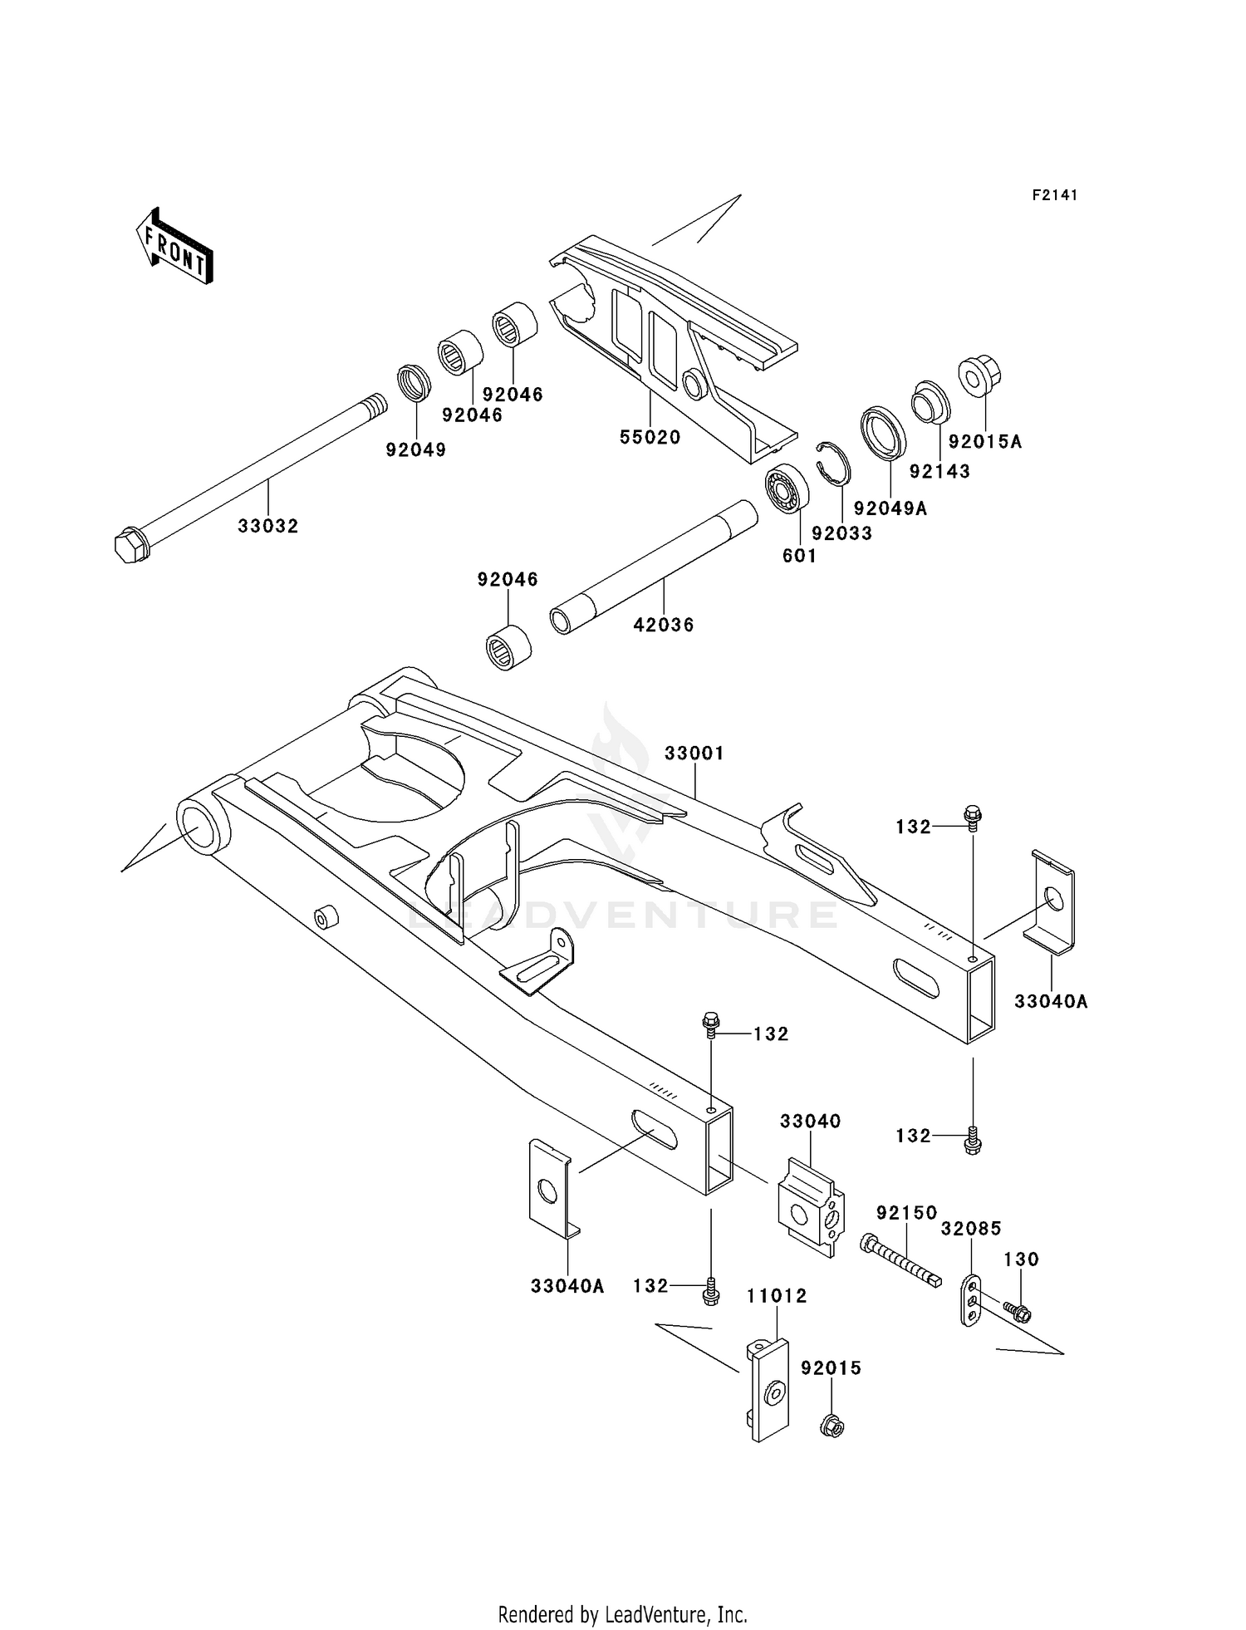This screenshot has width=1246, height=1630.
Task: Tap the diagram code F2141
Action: coord(1054,195)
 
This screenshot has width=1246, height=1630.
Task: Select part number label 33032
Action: coord(267,526)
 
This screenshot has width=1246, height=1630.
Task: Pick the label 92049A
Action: coord(890,508)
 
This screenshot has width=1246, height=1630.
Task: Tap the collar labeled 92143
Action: coord(930,401)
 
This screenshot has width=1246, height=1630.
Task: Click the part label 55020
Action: coord(650,437)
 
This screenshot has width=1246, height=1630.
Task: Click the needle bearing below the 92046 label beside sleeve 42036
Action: coord(508,645)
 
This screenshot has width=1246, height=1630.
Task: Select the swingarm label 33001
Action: coord(694,753)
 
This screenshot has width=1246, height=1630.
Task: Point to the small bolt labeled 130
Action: coord(1017,1312)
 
